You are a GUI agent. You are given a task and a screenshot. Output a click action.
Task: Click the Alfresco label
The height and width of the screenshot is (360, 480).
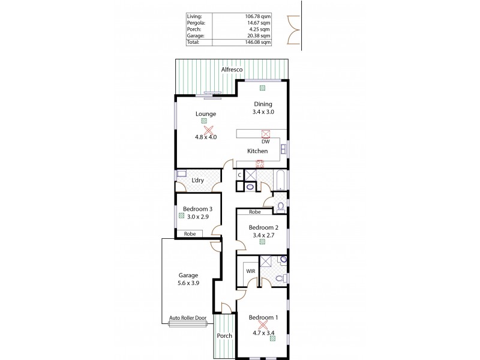[232, 70]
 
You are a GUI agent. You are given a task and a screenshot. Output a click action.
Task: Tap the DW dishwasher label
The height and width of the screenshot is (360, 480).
[265, 142]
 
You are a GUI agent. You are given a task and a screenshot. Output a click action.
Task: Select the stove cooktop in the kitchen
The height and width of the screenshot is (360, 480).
[260, 163]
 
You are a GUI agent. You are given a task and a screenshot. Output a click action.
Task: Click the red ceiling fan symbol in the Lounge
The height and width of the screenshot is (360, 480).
[208, 130]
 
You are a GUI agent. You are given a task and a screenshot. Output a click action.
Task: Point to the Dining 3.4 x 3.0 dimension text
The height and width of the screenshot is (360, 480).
[262, 112]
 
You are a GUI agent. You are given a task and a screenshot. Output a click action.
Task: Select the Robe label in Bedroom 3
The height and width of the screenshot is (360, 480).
[190, 233]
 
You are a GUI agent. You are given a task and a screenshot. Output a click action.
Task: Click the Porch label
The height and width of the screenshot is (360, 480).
[224, 335]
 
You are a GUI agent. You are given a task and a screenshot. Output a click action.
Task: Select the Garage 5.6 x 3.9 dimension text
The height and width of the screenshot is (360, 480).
[188, 284]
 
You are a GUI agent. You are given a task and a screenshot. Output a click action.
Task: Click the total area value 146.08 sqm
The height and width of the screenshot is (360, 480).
[261, 43]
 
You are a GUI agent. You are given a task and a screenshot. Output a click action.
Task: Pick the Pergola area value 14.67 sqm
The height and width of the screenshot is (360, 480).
[262, 23]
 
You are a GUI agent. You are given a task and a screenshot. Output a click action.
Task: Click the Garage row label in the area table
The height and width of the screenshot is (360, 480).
[196, 36]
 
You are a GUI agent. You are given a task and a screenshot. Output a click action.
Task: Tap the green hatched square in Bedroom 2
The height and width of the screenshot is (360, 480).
[263, 243]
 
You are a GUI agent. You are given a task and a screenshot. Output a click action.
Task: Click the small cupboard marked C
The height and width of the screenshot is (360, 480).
[239, 175]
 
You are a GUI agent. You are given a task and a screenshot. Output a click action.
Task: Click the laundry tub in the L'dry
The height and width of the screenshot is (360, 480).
[181, 173]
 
